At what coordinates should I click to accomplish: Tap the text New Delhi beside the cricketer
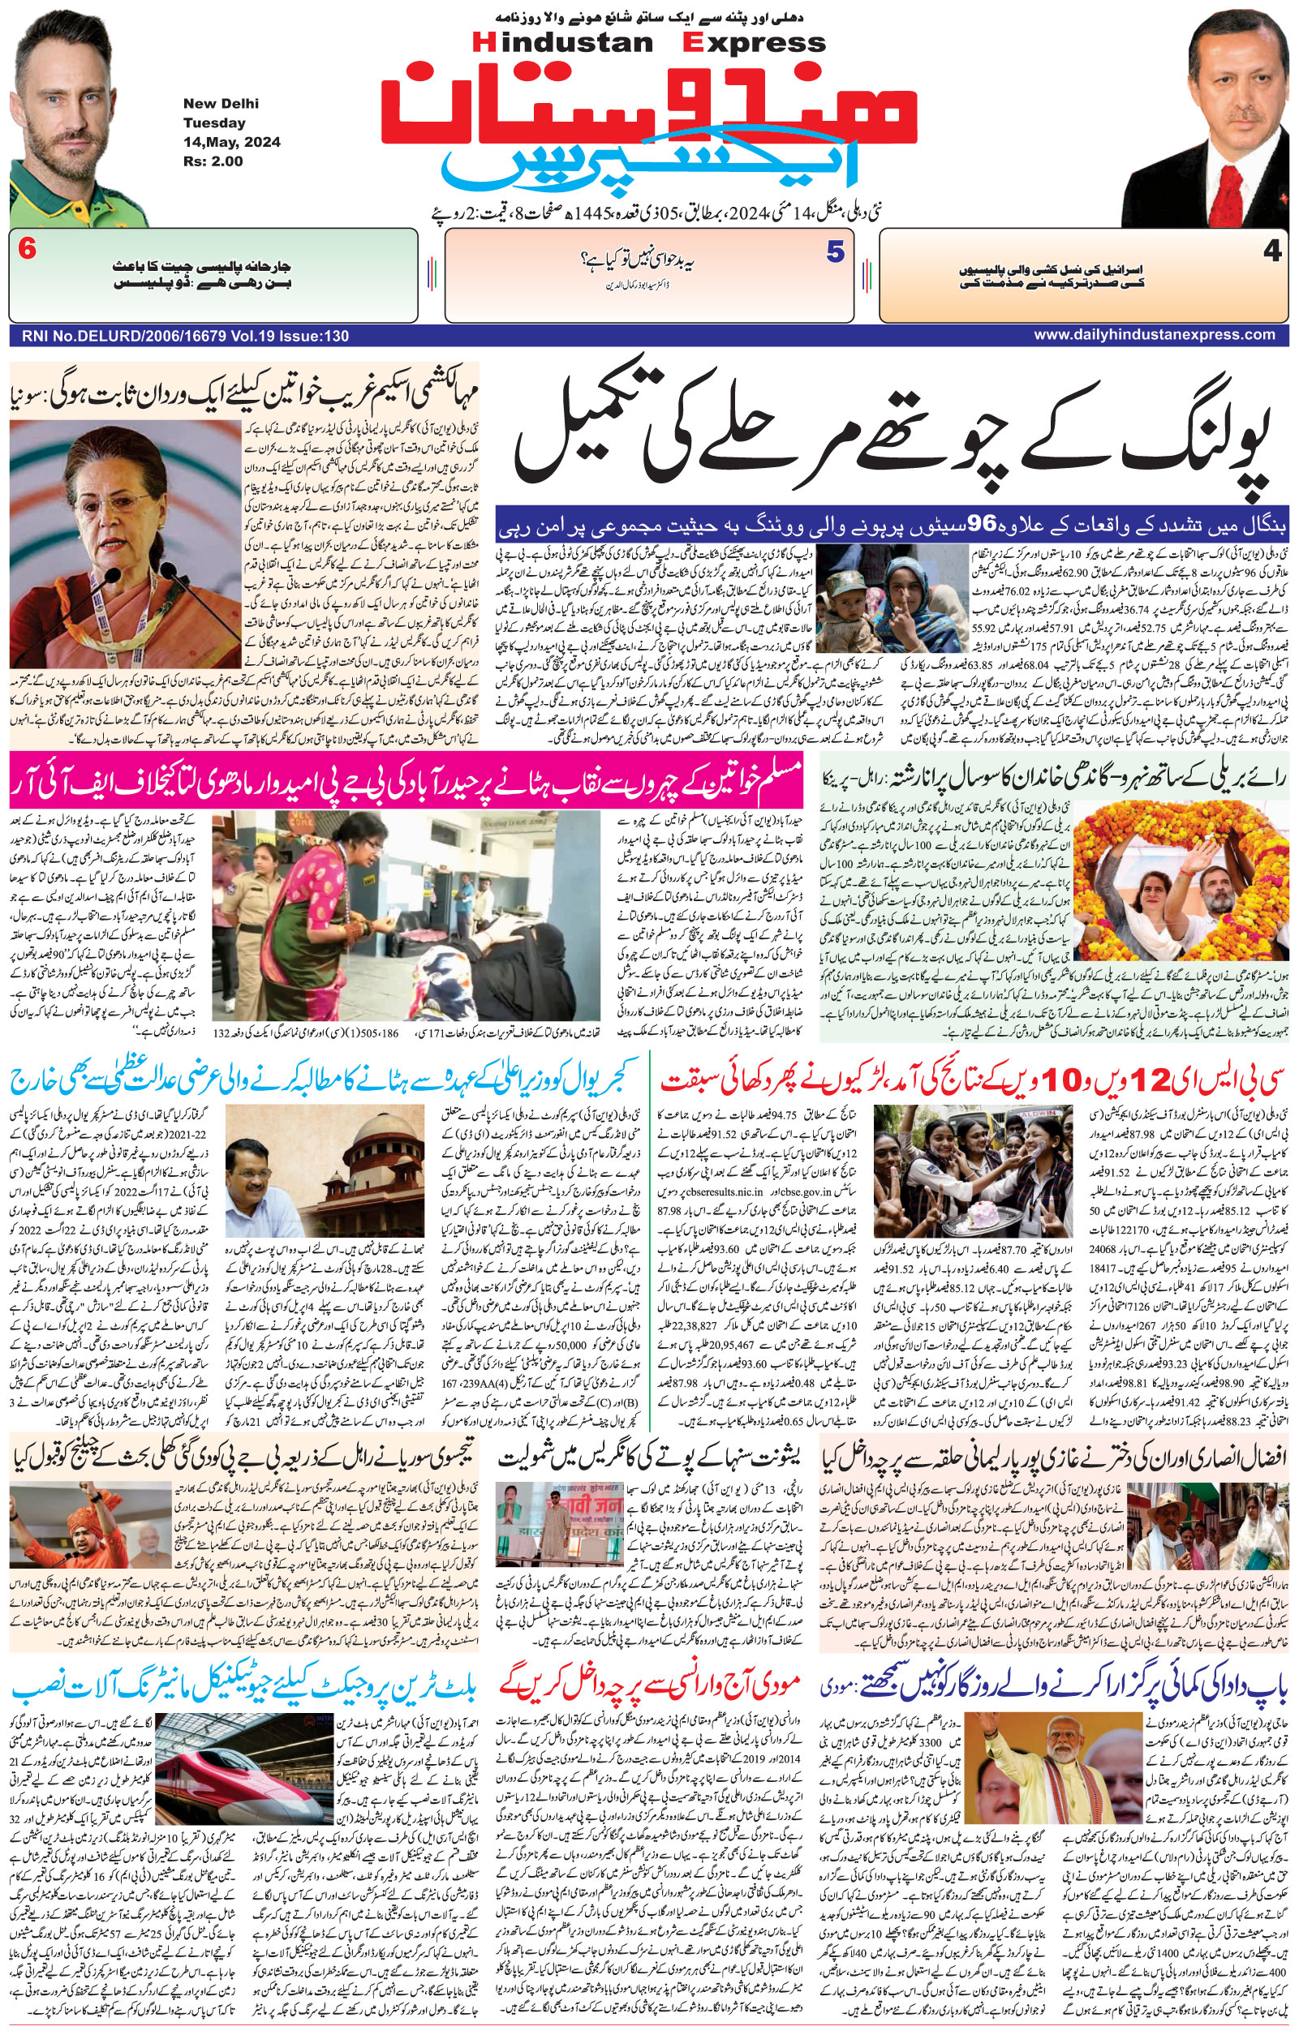[221, 104]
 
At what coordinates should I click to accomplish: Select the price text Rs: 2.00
[213, 161]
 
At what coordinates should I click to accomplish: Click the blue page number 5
[835, 251]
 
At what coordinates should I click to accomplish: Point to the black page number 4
[1272, 251]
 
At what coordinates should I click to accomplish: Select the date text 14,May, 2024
[231, 142]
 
